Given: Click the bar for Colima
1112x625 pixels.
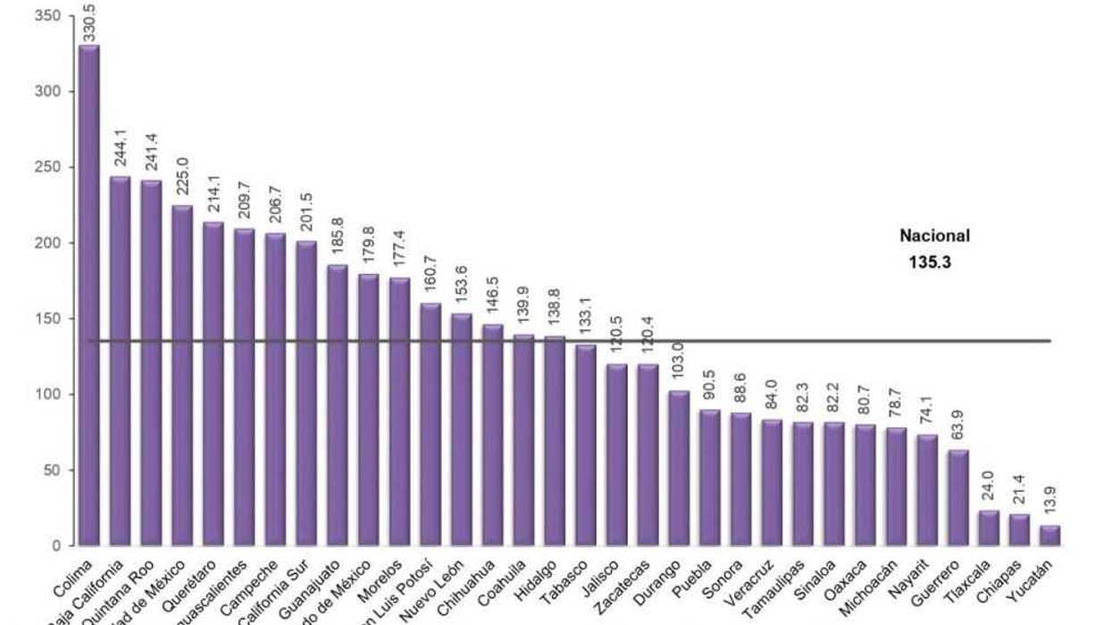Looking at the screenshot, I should pyautogui.click(x=89, y=295).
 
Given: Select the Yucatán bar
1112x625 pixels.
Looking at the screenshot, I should pyautogui.click(x=1051, y=536).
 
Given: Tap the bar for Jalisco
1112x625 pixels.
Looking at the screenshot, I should pyautogui.click(x=617, y=454).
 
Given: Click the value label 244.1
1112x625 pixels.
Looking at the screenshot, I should pyautogui.click(x=121, y=154).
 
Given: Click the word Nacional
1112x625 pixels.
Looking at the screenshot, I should pyautogui.click(x=934, y=237).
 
